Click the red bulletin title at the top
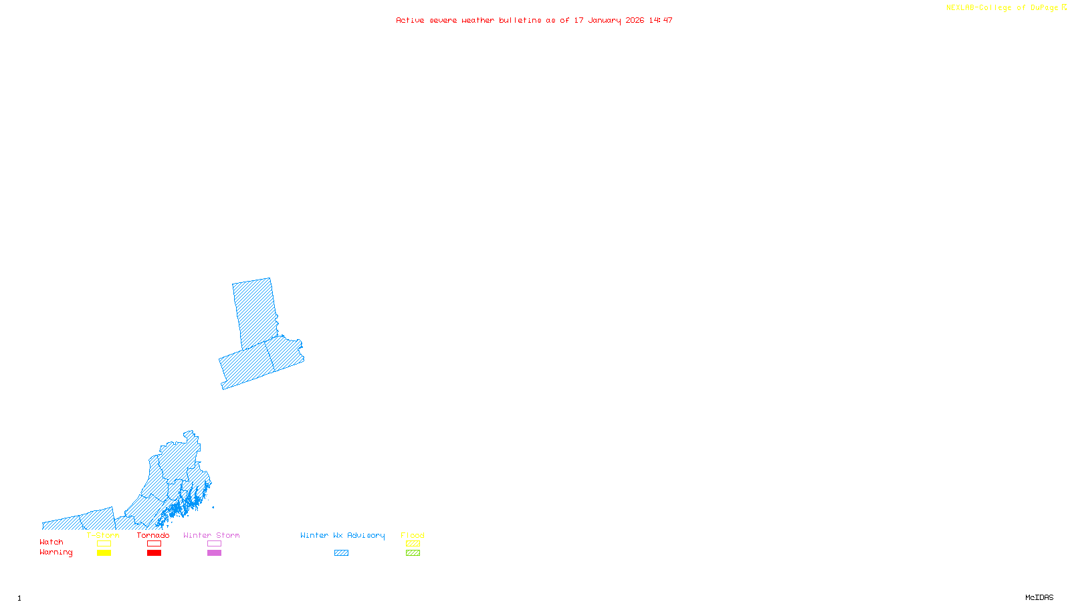tap(534, 20)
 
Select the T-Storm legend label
tap(103, 535)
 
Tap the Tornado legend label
tap(153, 535)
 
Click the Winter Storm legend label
tap(211, 535)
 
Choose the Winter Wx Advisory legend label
tap(342, 535)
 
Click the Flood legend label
tap(413, 535)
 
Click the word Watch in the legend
tap(51, 542)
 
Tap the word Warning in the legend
tap(56, 553)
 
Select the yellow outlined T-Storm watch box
tap(104, 544)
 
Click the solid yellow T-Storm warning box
tap(104, 553)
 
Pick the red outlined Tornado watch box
tap(154, 544)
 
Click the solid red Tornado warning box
tap(154, 553)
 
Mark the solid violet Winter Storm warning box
tap(214, 553)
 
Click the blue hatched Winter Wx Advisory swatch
tap(341, 553)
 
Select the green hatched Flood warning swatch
tap(413, 553)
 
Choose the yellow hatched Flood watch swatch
tap(413, 544)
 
